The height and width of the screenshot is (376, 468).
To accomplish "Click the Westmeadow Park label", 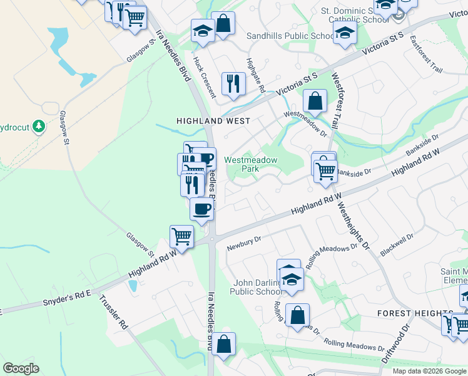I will (250, 164).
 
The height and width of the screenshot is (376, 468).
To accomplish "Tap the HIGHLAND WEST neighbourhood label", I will (213, 120).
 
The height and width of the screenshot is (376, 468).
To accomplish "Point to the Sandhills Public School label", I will (290, 36).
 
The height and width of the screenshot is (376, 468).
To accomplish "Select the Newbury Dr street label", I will (244, 243).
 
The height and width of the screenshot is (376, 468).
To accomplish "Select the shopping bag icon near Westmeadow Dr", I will (315, 100).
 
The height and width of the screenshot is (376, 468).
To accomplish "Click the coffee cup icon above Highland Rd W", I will (201, 208).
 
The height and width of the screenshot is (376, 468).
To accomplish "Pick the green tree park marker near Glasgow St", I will (39, 126).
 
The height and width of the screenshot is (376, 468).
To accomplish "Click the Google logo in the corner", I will (21, 368).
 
